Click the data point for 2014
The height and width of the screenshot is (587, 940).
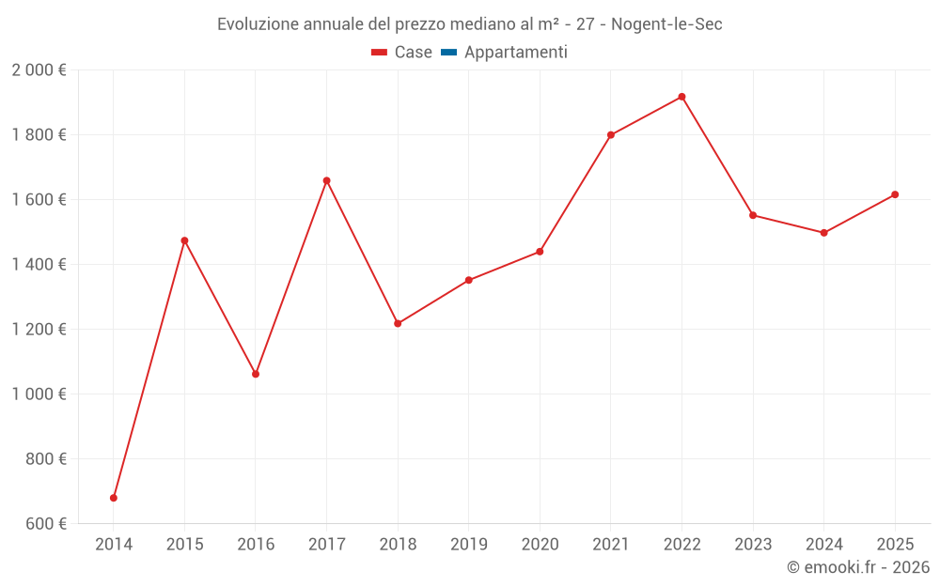tap(114, 498)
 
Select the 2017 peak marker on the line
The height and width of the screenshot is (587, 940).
tap(326, 180)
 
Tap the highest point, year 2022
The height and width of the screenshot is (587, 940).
tap(681, 97)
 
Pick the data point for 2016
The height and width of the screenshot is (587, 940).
tap(256, 374)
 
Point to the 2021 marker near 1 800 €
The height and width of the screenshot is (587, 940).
tap(611, 134)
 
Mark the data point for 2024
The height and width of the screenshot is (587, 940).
tap(823, 233)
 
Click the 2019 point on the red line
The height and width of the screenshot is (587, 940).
tap(468, 280)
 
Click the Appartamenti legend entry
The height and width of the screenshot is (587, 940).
tap(515, 53)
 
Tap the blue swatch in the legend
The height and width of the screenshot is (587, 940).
tap(448, 53)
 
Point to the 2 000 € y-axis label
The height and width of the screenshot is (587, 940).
tap(39, 70)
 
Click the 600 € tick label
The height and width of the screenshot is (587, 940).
tap(47, 524)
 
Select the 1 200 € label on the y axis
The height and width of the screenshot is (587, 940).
tap(39, 330)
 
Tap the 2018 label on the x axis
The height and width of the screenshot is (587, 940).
tap(398, 544)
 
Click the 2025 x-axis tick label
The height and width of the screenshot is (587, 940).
tap(894, 544)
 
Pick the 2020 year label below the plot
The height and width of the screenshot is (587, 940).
tap(540, 544)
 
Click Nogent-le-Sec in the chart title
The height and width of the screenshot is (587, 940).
tap(666, 24)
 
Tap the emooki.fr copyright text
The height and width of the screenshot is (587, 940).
tap(858, 567)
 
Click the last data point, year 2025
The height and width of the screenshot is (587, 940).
tap(895, 194)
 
